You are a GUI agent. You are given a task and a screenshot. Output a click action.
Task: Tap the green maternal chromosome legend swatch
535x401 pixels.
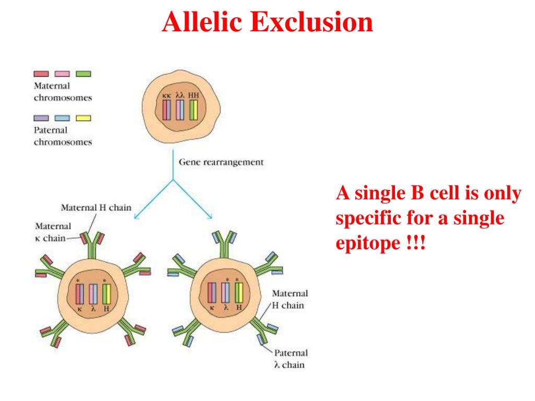(x=84, y=74)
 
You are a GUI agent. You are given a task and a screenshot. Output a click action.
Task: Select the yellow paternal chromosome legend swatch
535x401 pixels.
(x=84, y=118)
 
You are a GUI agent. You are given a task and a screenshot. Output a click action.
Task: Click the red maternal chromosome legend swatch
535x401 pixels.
(x=42, y=74)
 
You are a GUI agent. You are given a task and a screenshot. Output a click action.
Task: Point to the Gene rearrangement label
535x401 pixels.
(x=222, y=162)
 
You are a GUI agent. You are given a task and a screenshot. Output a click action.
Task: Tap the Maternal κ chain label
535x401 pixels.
(x=53, y=232)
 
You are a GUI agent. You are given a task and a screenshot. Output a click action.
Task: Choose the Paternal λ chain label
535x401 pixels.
(x=289, y=359)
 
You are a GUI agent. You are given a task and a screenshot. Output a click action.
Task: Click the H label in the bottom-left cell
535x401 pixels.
(x=107, y=308)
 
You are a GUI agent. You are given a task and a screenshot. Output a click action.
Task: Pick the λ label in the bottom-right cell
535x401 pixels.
(x=226, y=308)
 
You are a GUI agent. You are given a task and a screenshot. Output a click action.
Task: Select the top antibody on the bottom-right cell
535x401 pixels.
(x=225, y=241)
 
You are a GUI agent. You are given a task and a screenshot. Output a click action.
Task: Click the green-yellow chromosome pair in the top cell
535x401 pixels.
(x=193, y=110)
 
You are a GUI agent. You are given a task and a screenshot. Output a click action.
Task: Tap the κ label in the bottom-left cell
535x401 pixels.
(x=80, y=308)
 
